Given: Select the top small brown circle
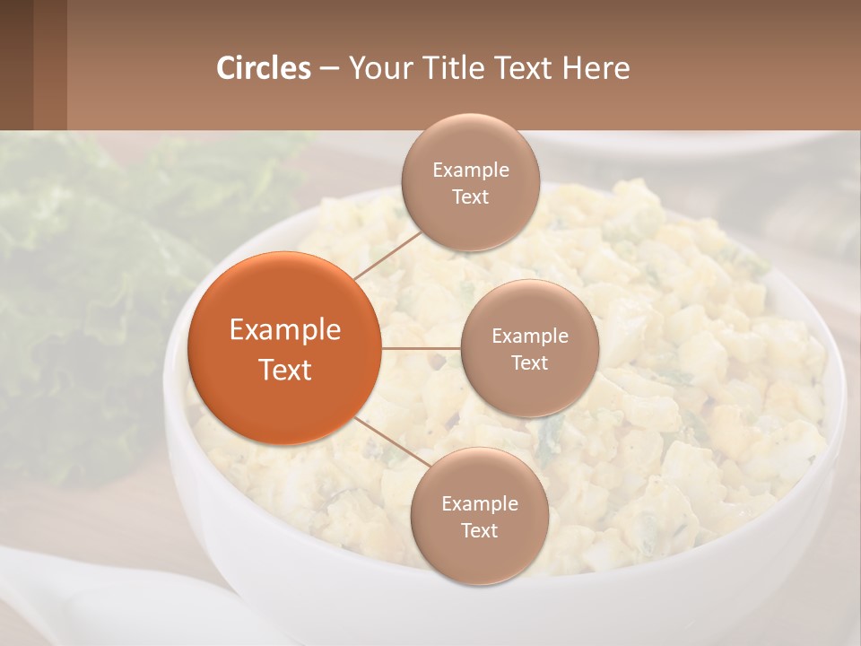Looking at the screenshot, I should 470,182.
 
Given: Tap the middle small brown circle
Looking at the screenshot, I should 529,348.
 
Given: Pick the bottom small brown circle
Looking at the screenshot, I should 479,516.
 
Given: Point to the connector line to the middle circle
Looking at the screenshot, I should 421,348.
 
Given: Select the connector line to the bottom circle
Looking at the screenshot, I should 392,441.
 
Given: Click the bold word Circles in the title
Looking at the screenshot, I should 264,68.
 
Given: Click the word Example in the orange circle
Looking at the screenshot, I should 285,330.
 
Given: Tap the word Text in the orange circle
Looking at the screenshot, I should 285,370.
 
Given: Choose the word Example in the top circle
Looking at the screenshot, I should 470,170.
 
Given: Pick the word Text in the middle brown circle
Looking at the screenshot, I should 529,362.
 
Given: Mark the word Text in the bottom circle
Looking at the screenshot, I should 479,530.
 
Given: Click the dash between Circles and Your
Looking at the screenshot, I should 329,68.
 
